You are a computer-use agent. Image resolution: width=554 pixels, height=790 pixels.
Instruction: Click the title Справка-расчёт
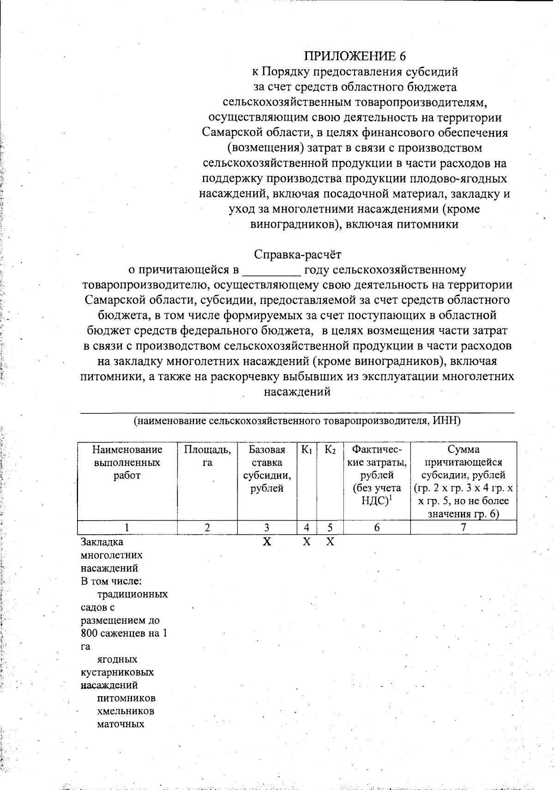click(x=298, y=254)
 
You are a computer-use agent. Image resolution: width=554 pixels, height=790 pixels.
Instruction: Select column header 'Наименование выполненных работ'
click(x=127, y=462)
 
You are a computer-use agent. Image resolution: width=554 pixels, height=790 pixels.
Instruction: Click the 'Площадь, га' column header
click(x=207, y=456)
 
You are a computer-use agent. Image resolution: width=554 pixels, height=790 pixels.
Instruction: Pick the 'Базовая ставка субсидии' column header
click(x=267, y=468)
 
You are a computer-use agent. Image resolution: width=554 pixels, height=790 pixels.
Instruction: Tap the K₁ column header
click(x=307, y=450)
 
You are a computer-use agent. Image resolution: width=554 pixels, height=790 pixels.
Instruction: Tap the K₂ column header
click(x=330, y=450)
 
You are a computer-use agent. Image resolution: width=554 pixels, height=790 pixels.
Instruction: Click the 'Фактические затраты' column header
click(x=377, y=475)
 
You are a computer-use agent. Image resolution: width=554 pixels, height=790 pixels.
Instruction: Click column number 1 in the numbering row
click(x=127, y=528)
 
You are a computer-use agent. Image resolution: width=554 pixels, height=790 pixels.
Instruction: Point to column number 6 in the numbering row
click(x=377, y=528)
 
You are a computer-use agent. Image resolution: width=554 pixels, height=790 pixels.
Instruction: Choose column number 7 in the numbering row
click(x=464, y=528)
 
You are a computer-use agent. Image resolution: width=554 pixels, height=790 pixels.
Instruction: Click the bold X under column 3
click(x=267, y=542)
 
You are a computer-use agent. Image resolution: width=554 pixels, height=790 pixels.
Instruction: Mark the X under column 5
click(x=330, y=542)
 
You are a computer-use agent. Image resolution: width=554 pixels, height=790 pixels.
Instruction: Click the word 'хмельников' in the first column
click(x=126, y=711)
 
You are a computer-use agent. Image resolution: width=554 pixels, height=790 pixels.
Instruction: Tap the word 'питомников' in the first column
click(x=126, y=698)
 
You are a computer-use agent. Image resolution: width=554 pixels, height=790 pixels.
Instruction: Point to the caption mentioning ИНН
click(x=297, y=421)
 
